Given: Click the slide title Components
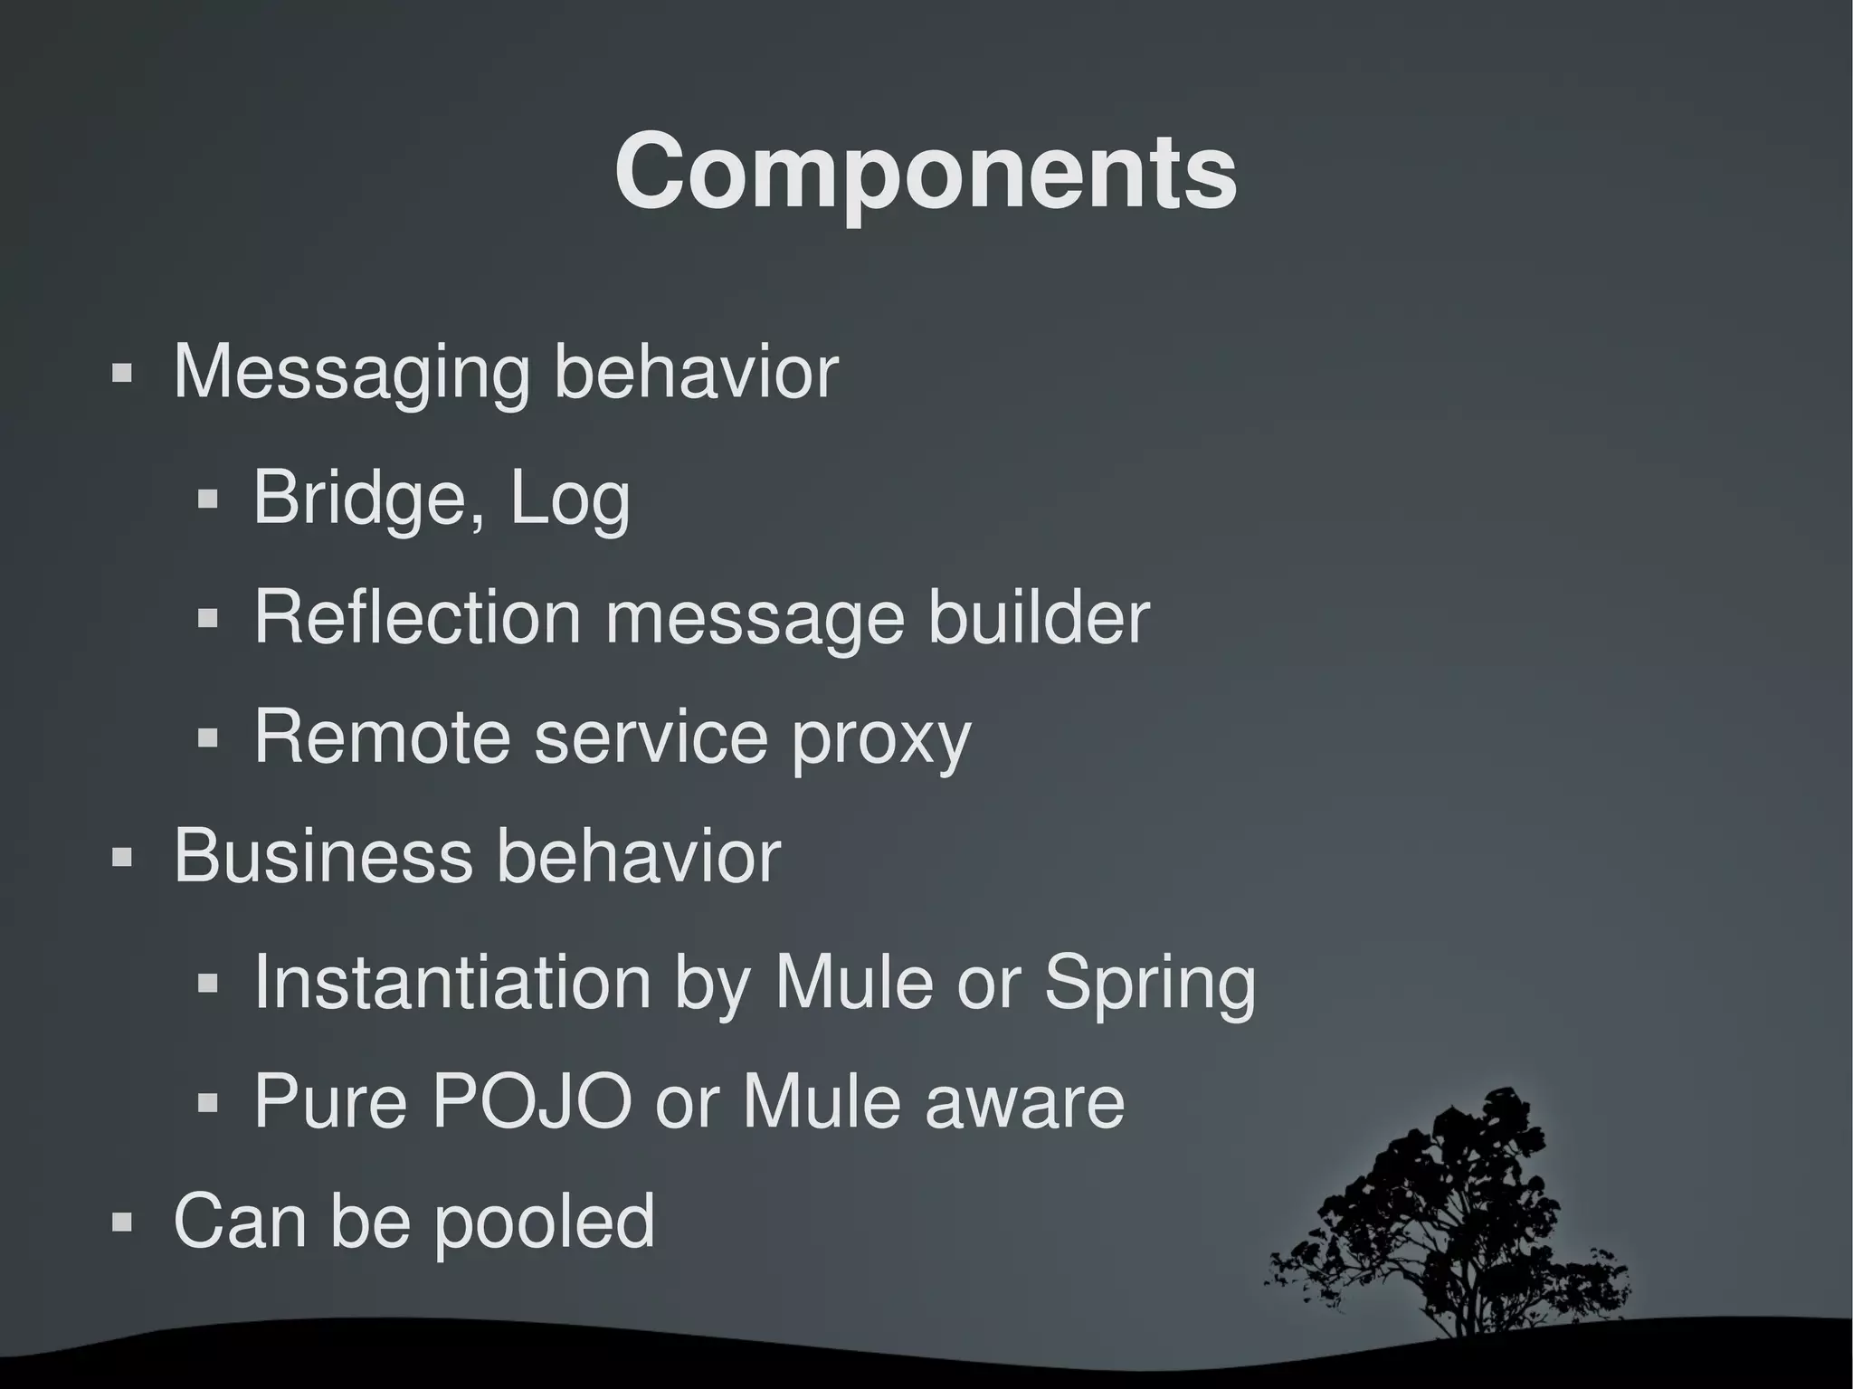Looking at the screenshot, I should (x=926, y=172).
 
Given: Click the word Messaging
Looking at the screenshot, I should (x=351, y=372).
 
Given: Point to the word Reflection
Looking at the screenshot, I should (x=417, y=617).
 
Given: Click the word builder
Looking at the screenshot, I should (x=1039, y=617).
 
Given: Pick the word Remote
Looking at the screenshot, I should (x=382, y=737).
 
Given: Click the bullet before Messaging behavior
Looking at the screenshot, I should (x=121, y=373).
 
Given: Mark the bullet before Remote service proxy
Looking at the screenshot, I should (x=208, y=738).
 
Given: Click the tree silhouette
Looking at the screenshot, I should (x=1448, y=1203).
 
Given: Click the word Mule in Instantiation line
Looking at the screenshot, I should (x=853, y=982).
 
